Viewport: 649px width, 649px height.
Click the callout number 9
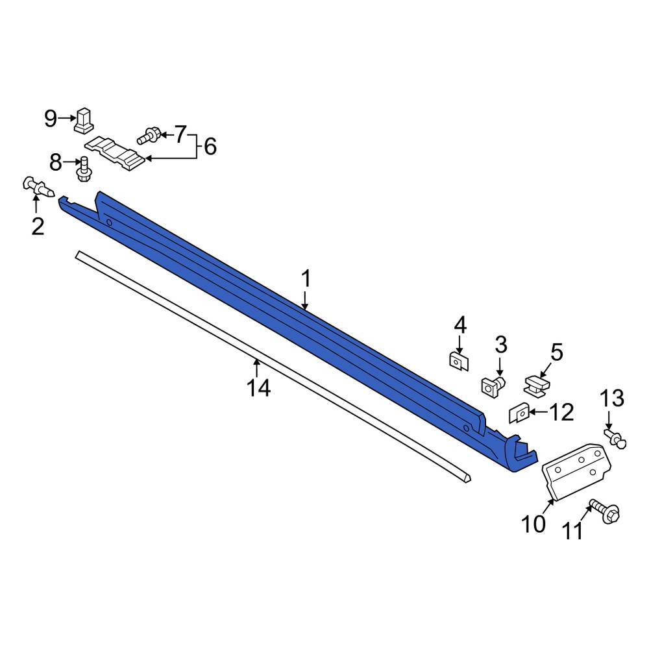[x=50, y=119]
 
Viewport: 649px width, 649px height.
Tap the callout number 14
[x=259, y=388]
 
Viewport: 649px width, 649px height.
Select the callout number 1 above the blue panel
[x=306, y=278]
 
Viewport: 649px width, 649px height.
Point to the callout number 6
[x=210, y=147]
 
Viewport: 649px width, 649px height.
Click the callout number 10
[x=533, y=524]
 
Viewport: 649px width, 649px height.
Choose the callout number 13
[x=612, y=398]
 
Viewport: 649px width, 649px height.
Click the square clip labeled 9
[x=84, y=121]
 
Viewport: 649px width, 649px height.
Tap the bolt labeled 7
[x=149, y=136]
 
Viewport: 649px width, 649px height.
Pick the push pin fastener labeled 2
[x=38, y=188]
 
